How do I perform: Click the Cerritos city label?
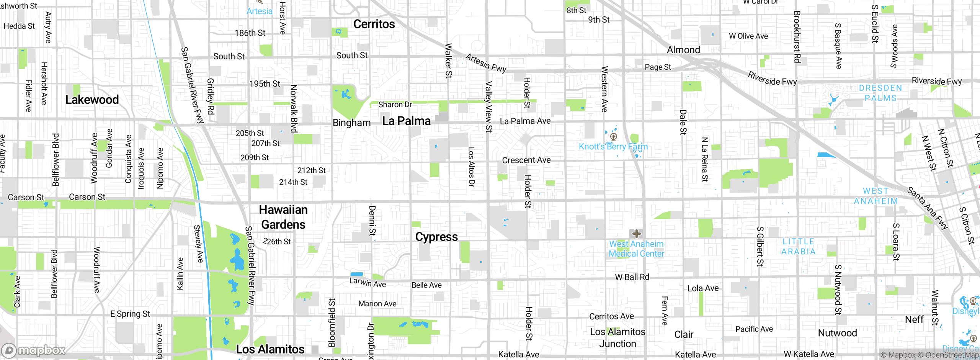pos(374,24)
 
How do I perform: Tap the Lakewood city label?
pos(92,100)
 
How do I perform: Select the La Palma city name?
pos(406,121)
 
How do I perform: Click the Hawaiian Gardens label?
pos(283,217)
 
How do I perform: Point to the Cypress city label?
pos(436,237)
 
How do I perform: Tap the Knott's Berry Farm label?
pos(613,147)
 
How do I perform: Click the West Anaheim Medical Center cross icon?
pos(636,234)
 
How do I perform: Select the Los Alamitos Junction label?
pos(617,338)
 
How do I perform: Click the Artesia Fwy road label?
pos(485,63)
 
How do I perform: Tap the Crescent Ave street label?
pos(526,160)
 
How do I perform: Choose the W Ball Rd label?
pos(632,277)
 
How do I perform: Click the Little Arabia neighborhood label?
pos(798,247)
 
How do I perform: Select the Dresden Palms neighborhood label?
pos(880,93)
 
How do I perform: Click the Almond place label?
pos(683,50)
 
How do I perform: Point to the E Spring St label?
pos(130,314)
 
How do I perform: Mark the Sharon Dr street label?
pos(395,105)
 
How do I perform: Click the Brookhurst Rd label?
pos(797,36)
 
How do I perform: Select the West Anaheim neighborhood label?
pos(876,196)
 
